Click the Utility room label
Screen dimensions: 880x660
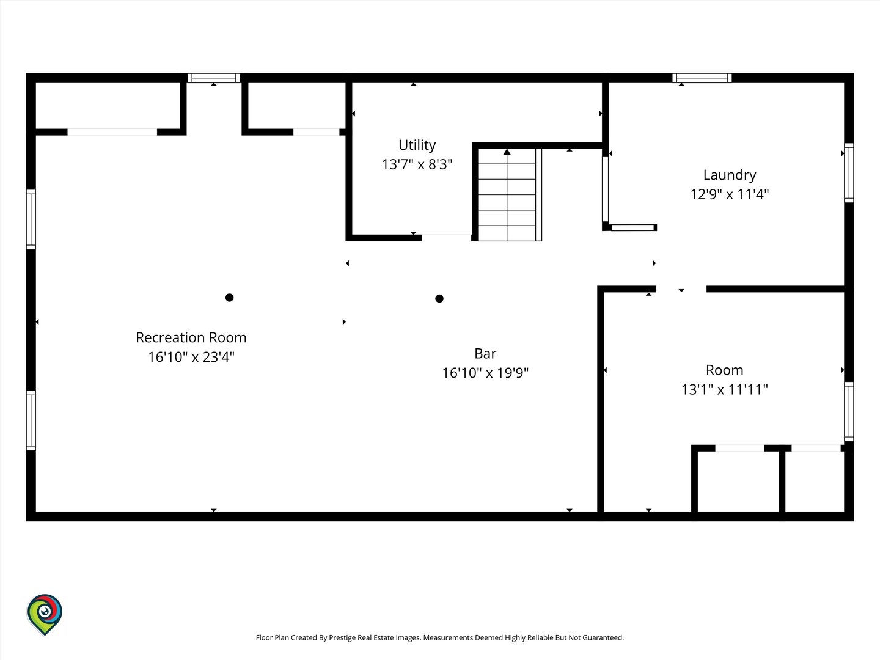417,145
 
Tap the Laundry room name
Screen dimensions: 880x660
730,175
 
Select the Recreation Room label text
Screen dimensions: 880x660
191,337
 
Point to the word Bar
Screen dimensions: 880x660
485,353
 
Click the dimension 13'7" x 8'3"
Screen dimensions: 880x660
417,164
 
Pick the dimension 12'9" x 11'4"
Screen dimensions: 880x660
730,194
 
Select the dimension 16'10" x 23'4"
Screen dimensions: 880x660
191,357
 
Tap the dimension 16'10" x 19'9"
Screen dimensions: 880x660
485,373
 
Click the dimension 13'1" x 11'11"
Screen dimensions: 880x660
724,389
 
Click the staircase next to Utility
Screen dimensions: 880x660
510,195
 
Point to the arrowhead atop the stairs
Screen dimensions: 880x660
507,152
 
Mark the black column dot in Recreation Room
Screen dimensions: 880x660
229,298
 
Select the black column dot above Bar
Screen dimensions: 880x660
439,299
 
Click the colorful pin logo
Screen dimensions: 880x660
45,615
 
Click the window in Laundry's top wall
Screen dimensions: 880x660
702,78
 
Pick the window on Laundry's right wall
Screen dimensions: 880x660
849,173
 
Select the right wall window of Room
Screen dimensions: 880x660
849,411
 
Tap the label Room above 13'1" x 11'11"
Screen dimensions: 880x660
724,370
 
